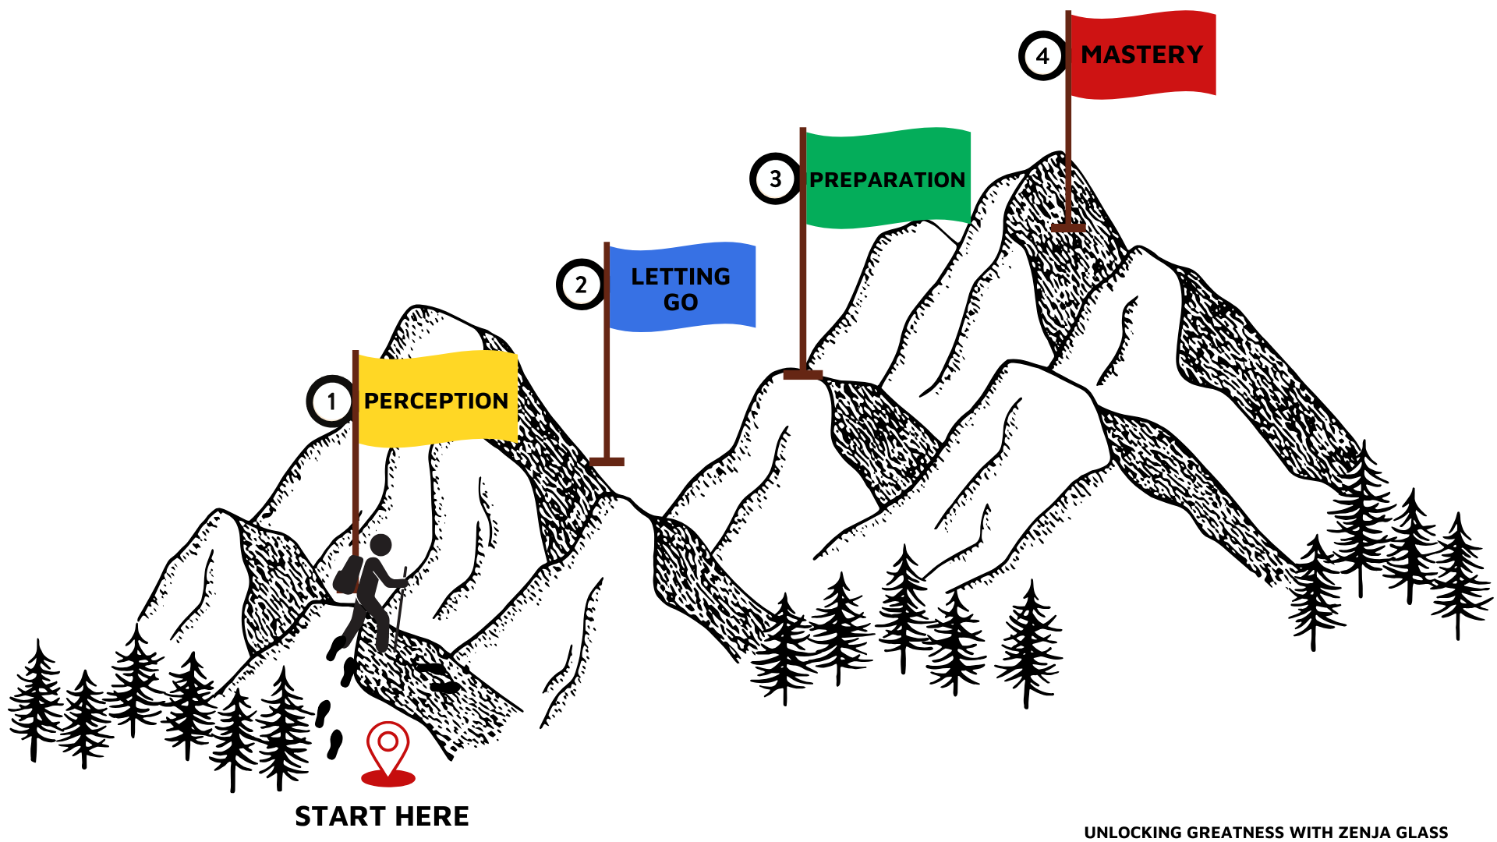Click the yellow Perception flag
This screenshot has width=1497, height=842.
click(437, 399)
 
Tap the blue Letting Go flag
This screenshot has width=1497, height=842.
click(681, 287)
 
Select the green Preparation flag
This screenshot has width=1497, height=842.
click(887, 179)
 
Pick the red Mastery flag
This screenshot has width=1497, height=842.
click(1141, 55)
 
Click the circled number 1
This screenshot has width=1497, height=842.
click(331, 402)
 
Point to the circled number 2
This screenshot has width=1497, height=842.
click(581, 285)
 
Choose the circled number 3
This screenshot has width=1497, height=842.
click(775, 179)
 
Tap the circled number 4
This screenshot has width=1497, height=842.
click(1042, 56)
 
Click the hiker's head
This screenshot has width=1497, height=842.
click(380, 545)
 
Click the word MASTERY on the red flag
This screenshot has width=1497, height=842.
click(1141, 55)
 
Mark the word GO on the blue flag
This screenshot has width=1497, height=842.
click(681, 302)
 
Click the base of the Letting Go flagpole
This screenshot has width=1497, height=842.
click(607, 462)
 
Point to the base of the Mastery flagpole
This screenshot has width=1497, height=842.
click(1068, 228)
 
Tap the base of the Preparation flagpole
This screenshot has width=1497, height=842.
click(803, 375)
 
